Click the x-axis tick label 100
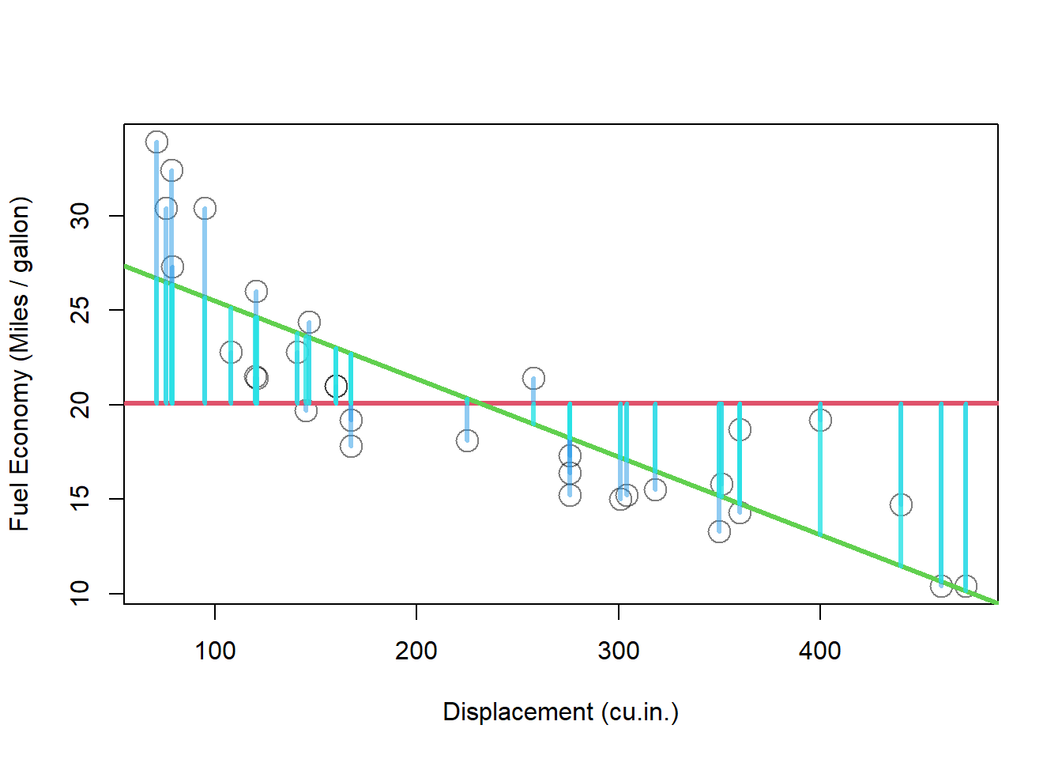215,651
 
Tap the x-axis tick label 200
416,651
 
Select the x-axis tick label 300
619,651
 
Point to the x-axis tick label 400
820,651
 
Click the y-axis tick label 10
81,593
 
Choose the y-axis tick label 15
81,499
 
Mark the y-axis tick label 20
81,405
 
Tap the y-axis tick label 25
81,310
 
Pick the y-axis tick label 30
81,216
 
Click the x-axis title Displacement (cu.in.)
560,712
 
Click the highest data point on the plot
156,142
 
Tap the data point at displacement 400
820,420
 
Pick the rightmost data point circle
966,586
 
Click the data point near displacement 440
901,504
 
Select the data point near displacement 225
467,440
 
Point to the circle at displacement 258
533,378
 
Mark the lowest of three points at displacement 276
570,495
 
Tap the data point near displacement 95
205,209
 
